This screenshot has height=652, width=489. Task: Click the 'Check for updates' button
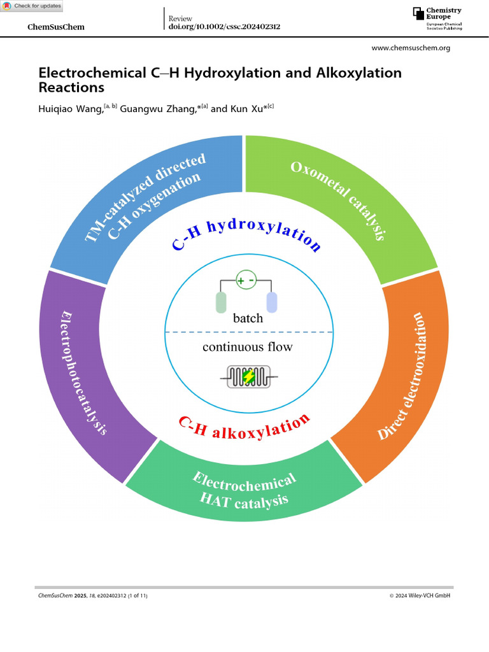point(32,6)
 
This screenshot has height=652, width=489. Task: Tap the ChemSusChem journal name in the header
point(57,27)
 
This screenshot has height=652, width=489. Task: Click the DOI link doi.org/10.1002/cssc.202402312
point(224,27)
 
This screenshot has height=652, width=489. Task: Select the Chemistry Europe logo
point(437,18)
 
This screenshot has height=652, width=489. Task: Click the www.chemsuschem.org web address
point(410,48)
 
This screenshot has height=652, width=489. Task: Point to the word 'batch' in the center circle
point(248,318)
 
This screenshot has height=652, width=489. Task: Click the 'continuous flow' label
point(248,347)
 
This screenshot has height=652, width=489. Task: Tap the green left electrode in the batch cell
point(221,302)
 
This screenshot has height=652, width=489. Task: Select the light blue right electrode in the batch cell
point(272,302)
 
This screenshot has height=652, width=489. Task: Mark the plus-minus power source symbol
point(246,280)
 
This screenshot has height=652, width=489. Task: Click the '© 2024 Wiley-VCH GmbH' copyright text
point(420,595)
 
